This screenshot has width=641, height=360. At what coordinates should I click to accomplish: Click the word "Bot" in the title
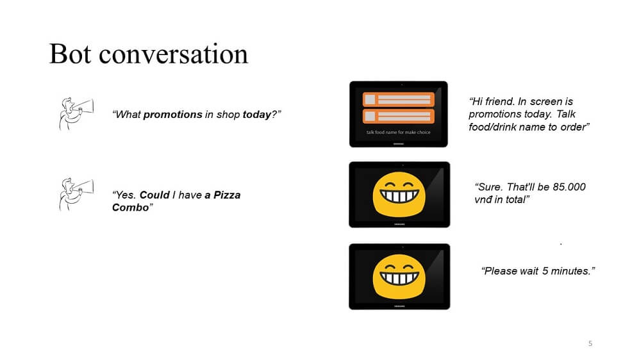[70, 54]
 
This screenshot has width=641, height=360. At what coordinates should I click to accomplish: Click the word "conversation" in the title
[173, 54]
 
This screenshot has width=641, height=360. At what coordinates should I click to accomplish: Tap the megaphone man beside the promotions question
[76, 113]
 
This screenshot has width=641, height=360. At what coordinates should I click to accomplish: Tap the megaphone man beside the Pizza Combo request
[76, 194]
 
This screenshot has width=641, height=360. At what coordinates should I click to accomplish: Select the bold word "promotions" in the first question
[172, 115]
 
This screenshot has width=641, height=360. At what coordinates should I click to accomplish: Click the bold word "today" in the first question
[257, 115]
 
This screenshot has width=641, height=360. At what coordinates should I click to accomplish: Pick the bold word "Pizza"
[227, 195]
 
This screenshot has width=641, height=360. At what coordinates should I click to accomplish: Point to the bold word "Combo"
[130, 208]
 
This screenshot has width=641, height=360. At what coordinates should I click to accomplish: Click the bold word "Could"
[154, 195]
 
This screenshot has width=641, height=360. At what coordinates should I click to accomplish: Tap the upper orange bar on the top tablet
[398, 99]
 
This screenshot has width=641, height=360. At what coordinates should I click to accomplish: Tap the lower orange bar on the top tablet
[398, 116]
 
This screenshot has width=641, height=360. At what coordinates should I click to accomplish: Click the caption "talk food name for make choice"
[398, 133]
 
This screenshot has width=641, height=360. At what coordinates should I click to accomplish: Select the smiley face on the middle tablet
[399, 195]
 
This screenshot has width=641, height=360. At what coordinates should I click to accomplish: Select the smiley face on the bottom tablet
[399, 277]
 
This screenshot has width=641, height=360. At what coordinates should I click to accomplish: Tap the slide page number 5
[590, 343]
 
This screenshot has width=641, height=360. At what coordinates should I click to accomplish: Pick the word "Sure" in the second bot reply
[488, 187]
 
